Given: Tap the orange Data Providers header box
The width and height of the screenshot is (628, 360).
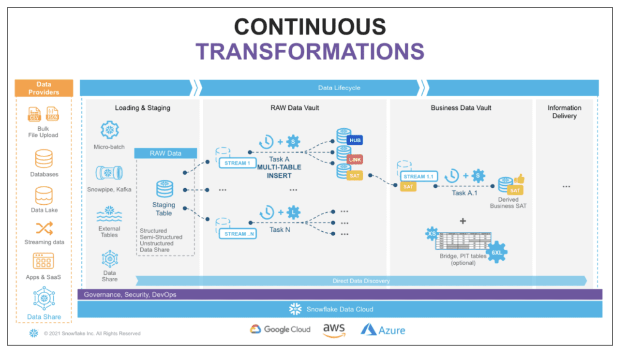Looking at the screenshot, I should coord(44,88).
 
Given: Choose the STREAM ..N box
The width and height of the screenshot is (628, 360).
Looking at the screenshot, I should coord(236,234).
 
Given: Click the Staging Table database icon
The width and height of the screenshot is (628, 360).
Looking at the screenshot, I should coord(164,189).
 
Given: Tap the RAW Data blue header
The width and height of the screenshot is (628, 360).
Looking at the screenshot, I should coord(165,153).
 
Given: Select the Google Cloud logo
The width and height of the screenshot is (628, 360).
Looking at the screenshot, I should coord(280,329).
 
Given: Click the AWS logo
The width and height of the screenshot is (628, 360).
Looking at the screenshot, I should coord(334,330).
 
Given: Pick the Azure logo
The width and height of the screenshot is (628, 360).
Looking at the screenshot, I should coord(383,330).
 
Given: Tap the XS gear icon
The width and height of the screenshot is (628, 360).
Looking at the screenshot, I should coord(431,234).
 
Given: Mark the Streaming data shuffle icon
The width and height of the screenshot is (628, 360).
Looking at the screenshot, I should coord(44,228).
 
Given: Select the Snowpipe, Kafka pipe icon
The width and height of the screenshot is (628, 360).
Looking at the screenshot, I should coord(109,173).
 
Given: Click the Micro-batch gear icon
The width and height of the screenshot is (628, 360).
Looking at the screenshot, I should coord(109,130).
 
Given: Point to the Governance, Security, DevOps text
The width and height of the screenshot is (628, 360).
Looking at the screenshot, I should coord(130,294).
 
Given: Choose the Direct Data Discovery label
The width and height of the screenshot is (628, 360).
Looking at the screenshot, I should coord(361,281).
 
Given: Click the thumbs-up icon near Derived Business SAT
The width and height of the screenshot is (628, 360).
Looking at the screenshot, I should coord(520,179).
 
